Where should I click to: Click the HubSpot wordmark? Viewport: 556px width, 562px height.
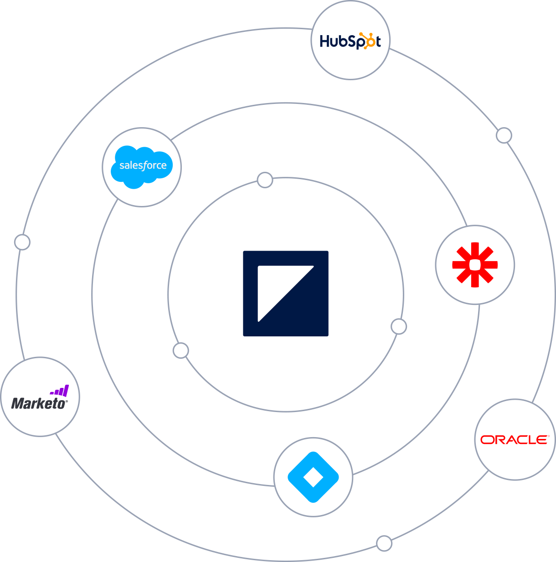coord(350,41)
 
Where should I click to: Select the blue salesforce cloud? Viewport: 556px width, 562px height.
coord(142,166)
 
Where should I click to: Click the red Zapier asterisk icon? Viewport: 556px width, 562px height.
coord(475,265)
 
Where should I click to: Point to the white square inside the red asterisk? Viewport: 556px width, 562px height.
coord(475,265)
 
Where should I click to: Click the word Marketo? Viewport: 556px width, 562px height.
coord(39,403)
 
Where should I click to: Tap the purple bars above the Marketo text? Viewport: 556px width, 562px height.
coord(60,391)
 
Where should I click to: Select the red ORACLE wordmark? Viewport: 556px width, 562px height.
coord(515,439)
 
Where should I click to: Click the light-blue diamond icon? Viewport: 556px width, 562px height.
coord(313,477)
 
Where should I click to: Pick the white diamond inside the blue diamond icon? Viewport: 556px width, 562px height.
coord(313,477)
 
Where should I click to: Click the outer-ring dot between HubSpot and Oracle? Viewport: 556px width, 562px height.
coord(504,135)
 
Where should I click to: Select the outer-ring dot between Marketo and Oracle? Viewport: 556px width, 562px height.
coord(384,543)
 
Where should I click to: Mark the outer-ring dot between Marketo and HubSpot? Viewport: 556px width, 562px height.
coord(22,242)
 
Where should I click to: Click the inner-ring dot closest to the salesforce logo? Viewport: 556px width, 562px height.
coord(265,180)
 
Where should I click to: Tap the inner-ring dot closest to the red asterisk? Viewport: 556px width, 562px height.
coord(399,326)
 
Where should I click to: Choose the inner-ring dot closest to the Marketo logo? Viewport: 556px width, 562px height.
coord(180,351)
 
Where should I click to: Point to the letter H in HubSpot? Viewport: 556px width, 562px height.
coord(324,41)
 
